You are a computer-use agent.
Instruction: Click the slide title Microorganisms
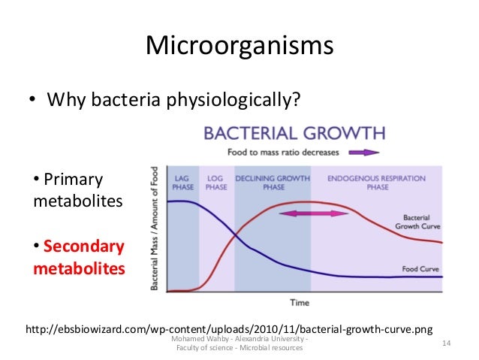pyautogui.click(x=239, y=47)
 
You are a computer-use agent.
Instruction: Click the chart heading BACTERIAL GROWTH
pyautogui.click(x=295, y=134)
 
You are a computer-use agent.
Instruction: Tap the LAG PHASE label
pyautogui.click(x=182, y=183)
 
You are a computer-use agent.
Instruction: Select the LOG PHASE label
pyautogui.click(x=216, y=183)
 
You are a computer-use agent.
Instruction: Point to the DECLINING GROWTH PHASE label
pyautogui.click(x=273, y=183)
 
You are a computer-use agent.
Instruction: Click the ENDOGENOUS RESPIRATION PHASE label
pyautogui.click(x=376, y=183)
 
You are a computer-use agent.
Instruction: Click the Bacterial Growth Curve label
pyautogui.click(x=417, y=222)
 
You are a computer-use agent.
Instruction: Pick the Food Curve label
pyautogui.click(x=416, y=268)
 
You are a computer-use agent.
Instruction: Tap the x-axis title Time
pyautogui.click(x=300, y=302)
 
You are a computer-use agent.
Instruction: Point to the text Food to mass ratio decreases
pyautogui.click(x=292, y=152)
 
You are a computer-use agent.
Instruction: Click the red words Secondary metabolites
pyautogui.click(x=79, y=257)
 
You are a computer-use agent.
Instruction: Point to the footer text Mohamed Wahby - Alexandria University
pyautogui.click(x=239, y=340)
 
